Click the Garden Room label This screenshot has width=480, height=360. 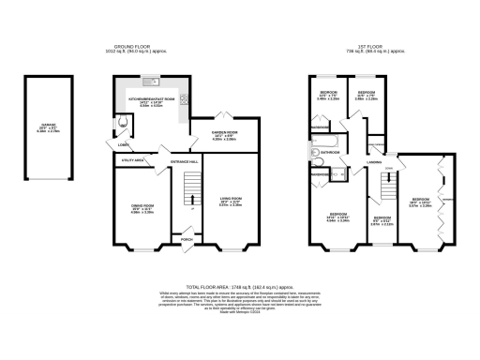coord(216,135)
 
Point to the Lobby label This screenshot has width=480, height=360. coord(124,144)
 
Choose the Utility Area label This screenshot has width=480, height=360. coord(132,161)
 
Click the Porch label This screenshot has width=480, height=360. coord(187,239)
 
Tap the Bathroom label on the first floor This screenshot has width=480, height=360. coord(330,151)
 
